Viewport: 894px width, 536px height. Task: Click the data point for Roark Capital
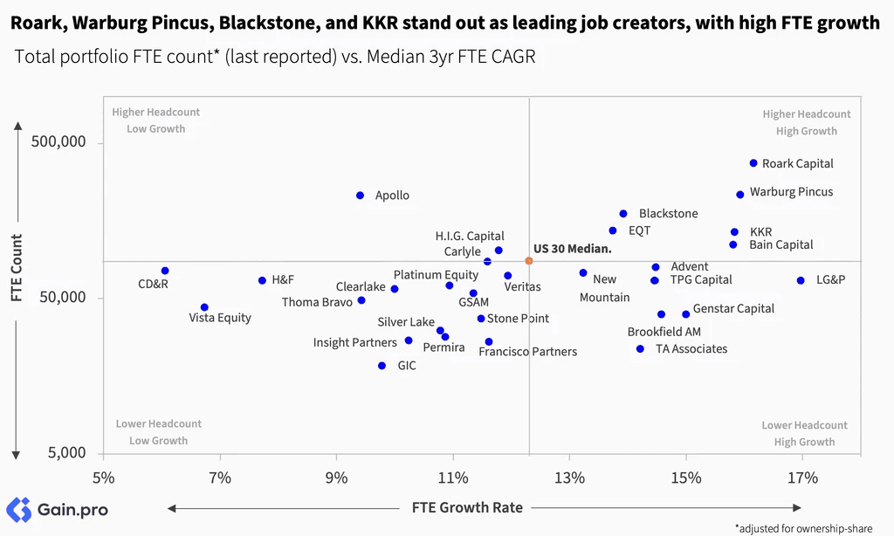point(753,163)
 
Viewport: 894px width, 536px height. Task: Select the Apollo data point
point(360,196)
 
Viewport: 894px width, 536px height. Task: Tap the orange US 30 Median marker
point(529,261)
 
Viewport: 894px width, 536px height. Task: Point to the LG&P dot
point(801,280)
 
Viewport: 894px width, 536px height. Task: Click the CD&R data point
point(165,271)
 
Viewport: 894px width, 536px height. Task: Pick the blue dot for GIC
point(382,366)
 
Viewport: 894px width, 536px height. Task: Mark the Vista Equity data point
point(204,307)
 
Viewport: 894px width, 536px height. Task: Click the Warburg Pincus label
point(791,192)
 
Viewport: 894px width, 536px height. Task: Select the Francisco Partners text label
point(528,351)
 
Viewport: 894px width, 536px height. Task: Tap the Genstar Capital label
point(733,308)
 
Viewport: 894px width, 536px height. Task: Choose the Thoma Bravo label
point(317,302)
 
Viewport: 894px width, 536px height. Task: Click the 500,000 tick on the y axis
point(58,141)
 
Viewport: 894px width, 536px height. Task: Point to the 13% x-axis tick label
point(569,478)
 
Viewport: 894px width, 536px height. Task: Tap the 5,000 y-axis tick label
point(66,453)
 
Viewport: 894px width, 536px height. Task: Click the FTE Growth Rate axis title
point(468,507)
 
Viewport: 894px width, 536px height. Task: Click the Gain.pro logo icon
point(19,509)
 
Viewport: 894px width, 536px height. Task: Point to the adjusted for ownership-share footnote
point(803,529)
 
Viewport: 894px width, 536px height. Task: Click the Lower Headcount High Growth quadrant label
point(804,433)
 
